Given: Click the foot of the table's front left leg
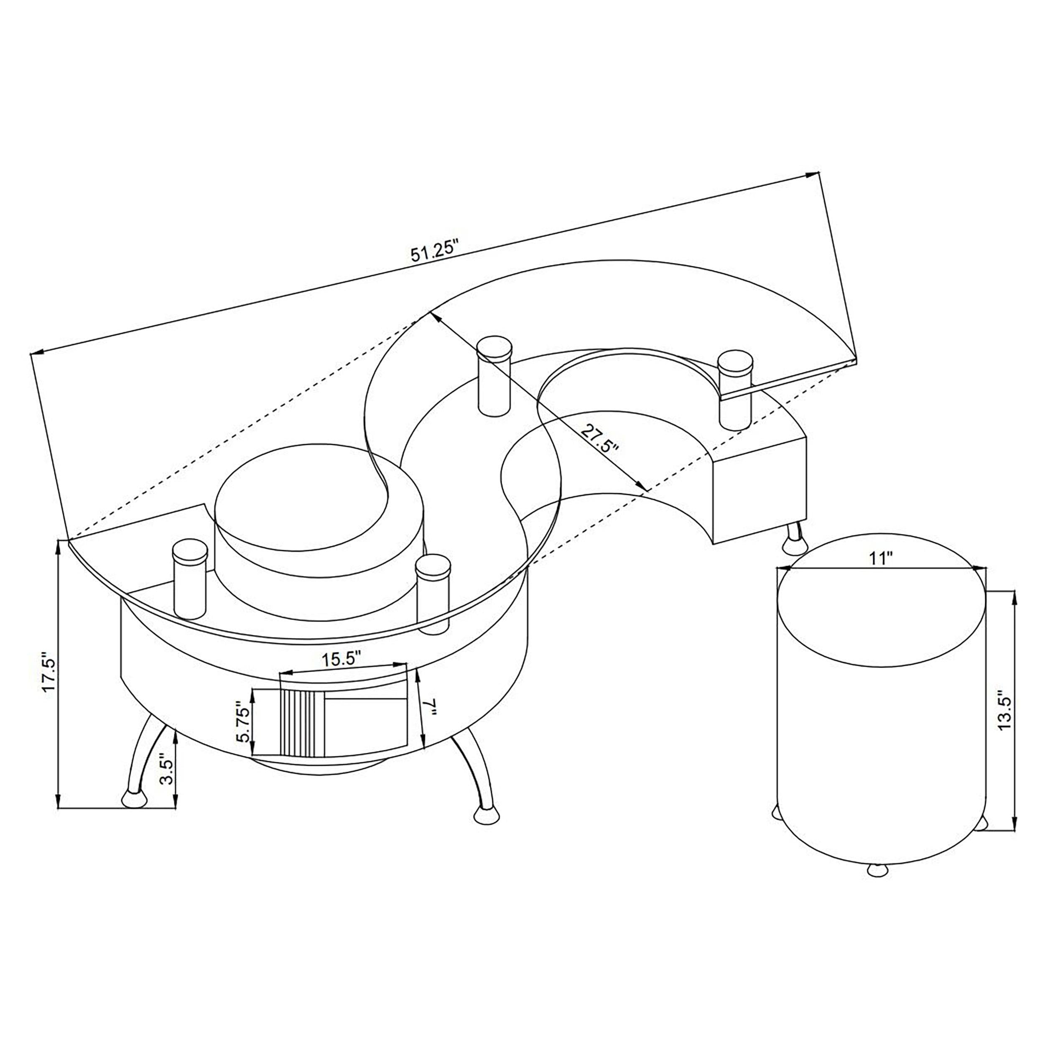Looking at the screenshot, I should pyautogui.click(x=134, y=813).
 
